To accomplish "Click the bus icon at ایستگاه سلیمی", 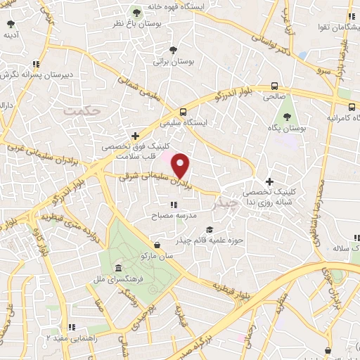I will tap(184, 111).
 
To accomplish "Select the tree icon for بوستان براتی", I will tap(173, 49).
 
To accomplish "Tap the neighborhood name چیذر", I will tap(226, 202).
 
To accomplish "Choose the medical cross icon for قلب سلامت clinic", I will tap(136, 136).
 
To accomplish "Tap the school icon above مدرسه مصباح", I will tap(172, 203).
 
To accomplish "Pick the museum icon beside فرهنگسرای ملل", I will tap(117, 269).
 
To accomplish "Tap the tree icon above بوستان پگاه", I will tap(286, 117).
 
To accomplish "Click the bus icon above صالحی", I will tap(274, 87).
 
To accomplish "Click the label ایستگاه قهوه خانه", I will tap(224, 6).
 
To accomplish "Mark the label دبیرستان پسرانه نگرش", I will tap(39, 74).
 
